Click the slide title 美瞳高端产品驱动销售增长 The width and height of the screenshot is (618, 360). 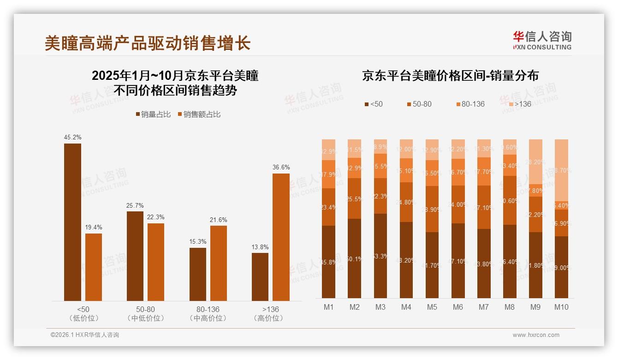coord(147,43)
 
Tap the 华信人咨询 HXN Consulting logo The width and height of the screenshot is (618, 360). coord(542,41)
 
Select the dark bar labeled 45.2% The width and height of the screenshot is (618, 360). coord(72,222)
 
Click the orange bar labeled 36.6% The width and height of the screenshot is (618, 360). coord(281,237)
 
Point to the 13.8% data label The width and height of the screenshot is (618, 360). coord(260,247)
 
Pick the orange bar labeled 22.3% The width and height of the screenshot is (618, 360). coord(156,262)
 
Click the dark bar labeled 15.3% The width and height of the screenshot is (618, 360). coord(198,274)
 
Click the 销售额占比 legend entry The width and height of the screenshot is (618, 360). coord(199,114)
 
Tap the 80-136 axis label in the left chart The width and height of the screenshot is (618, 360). coord(208,309)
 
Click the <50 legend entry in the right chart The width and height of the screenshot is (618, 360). coord(374,104)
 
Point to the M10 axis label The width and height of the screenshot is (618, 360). coord(561,307)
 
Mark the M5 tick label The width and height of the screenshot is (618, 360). coord(432,307)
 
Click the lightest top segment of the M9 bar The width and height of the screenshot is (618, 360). coord(535,162)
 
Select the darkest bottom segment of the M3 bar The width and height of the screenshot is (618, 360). coord(380,256)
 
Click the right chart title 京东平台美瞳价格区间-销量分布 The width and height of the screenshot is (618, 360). coord(450,76)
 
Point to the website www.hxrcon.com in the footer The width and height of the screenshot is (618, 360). coord(536,335)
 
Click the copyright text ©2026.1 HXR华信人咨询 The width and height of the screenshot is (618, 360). coord(85,335)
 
